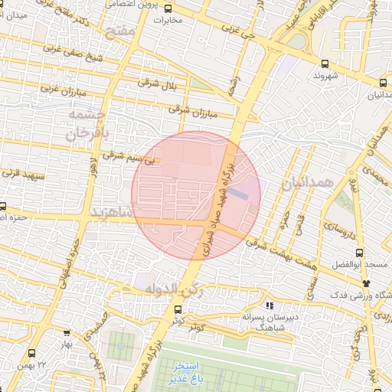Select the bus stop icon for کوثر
click(178, 309)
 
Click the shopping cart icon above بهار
click(67, 333)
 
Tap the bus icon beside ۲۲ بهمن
click(32, 353)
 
